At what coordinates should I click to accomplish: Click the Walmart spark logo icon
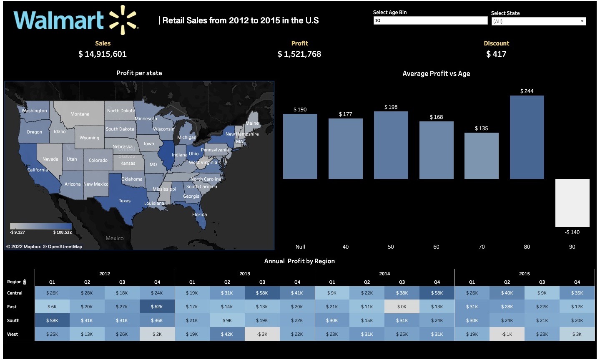(x=123, y=20)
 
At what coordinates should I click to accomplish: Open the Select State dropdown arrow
(x=582, y=21)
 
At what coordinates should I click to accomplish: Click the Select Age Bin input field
(x=430, y=20)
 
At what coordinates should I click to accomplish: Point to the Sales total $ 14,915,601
(x=103, y=54)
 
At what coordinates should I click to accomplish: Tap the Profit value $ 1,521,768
(x=299, y=54)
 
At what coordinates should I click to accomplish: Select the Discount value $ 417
(x=496, y=54)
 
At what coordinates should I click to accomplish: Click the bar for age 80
(x=527, y=137)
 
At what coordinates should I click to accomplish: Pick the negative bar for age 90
(x=572, y=203)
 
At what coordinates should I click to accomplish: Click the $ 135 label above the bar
(x=481, y=128)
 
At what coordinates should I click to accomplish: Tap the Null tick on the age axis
(x=300, y=247)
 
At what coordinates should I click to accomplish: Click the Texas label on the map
(x=125, y=201)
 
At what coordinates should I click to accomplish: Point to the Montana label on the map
(x=80, y=114)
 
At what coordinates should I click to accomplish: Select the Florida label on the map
(x=199, y=214)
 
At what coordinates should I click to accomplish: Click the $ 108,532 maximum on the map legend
(x=63, y=232)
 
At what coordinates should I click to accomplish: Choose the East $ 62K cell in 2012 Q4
(x=157, y=307)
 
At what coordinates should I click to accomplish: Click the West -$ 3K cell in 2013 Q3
(x=262, y=334)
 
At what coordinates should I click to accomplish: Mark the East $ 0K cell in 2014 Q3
(x=402, y=307)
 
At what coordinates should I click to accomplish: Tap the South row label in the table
(x=13, y=320)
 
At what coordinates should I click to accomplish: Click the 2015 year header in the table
(x=524, y=274)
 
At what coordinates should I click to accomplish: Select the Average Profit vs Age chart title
(x=436, y=73)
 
